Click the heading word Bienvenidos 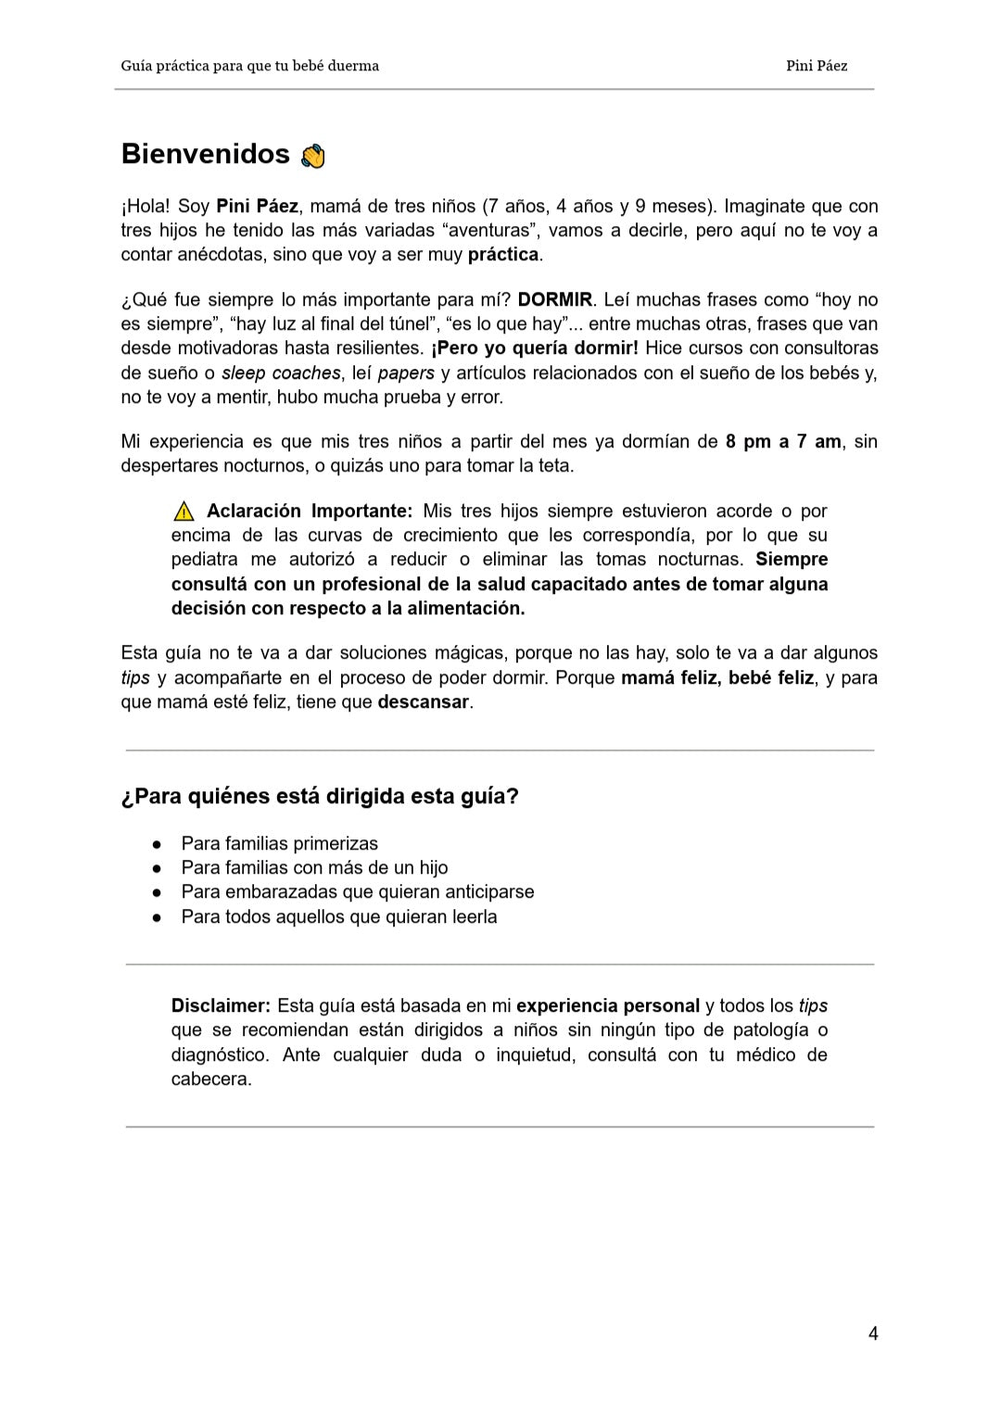(x=205, y=154)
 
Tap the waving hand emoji (x=313, y=156)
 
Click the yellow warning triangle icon (x=184, y=511)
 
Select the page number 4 (x=873, y=1333)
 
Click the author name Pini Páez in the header (x=816, y=66)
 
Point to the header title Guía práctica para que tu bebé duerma (x=249, y=66)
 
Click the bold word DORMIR (x=554, y=299)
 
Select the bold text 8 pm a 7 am (x=783, y=441)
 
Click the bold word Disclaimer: (x=221, y=1005)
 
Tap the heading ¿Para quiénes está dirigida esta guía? (x=320, y=796)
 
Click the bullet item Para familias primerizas (x=279, y=843)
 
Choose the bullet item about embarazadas (x=357, y=891)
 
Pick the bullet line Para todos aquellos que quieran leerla (x=338, y=916)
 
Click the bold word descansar (x=423, y=701)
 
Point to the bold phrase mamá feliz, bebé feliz (x=716, y=677)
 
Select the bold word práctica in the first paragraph (x=502, y=254)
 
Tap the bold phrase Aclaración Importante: (x=309, y=511)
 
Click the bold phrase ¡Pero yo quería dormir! (x=534, y=348)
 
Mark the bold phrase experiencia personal (x=607, y=1005)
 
